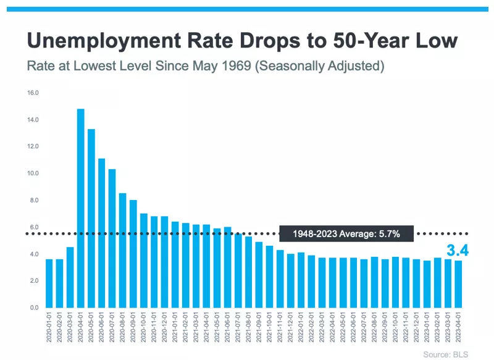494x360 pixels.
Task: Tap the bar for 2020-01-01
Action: [x=49, y=283]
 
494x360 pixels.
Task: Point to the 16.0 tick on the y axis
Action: [x=33, y=93]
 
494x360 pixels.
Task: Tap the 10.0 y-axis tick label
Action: [x=33, y=174]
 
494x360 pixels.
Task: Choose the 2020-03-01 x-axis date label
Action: [x=70, y=328]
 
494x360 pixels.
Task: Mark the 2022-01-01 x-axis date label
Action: [x=301, y=328]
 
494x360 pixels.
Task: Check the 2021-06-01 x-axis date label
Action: [x=227, y=328]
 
